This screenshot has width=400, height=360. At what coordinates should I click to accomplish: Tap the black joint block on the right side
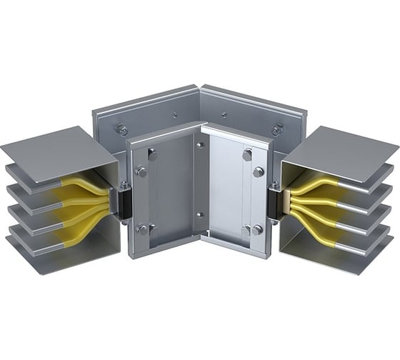tap(276, 202)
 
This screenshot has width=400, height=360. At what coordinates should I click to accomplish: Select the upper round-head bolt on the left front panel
tap(141, 171)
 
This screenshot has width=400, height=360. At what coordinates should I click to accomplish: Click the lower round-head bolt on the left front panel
tap(142, 229)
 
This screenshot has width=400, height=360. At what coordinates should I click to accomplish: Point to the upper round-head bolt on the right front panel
tap(258, 172)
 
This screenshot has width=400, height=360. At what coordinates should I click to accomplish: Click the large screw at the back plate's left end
tap(121, 129)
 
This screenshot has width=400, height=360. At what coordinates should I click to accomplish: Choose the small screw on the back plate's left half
tap(174, 114)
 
